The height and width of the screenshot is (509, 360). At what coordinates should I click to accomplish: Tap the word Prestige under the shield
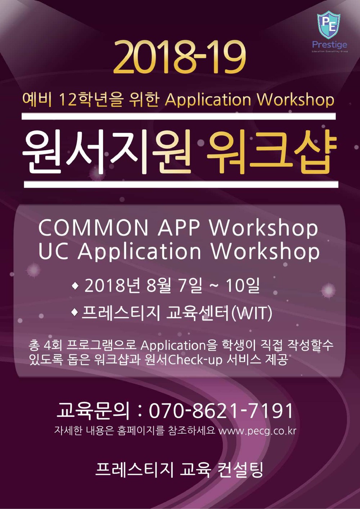(x=329, y=45)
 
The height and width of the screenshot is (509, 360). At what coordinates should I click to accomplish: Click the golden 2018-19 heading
(x=180, y=57)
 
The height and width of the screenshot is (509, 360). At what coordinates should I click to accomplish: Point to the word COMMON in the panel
(x=93, y=228)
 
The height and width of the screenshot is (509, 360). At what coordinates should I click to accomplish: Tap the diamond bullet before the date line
(x=75, y=286)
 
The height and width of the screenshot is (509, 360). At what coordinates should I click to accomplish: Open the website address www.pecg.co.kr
(x=257, y=431)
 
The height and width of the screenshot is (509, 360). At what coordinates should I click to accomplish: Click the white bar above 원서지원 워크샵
(x=179, y=116)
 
